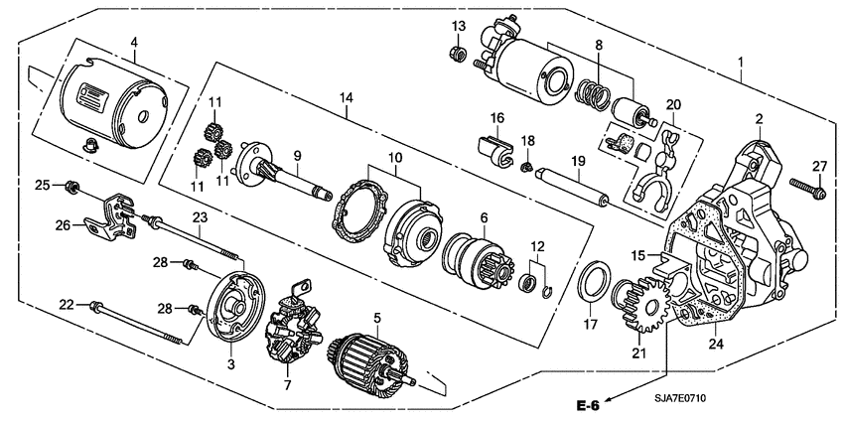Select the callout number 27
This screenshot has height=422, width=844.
820,165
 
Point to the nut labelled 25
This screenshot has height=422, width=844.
72,186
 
